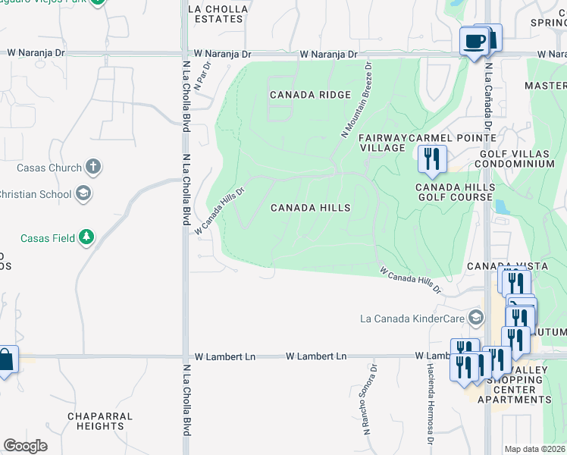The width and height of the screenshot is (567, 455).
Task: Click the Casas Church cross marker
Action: [92, 167]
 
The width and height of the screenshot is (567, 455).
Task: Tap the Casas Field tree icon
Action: [87, 238]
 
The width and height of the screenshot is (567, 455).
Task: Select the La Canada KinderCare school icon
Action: [475, 316]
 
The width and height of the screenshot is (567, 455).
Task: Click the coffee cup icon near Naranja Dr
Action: [475, 41]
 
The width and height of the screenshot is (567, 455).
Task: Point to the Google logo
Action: [25, 445]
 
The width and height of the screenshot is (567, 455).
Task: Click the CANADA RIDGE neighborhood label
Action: [311, 95]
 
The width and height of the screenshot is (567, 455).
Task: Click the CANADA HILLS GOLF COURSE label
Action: [455, 192]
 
